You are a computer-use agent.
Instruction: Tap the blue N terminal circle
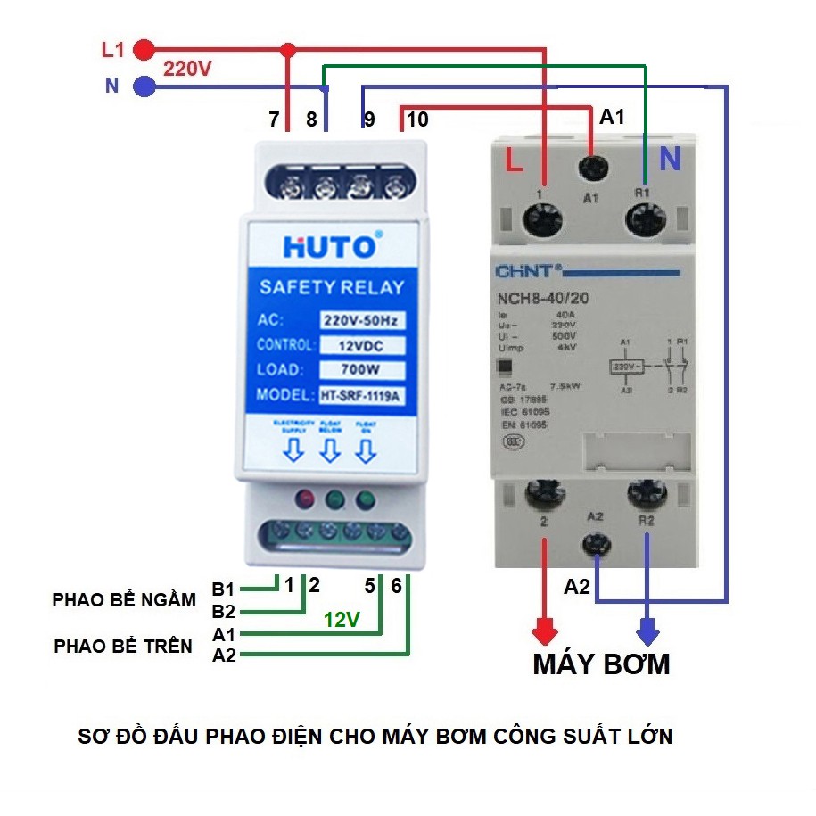(143, 87)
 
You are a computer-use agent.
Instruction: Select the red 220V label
(187, 68)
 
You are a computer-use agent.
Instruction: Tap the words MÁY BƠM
(601, 664)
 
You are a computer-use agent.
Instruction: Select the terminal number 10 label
(416, 119)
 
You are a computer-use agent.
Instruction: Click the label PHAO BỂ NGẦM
(124, 600)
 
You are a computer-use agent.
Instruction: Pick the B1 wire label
(223, 589)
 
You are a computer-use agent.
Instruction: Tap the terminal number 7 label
(274, 119)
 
